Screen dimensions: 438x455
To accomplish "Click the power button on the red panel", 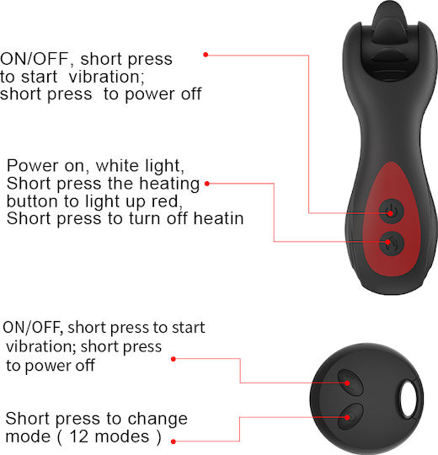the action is [x=391, y=211].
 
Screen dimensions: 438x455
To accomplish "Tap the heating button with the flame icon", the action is [x=392, y=244].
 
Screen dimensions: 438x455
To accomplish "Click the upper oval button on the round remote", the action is [x=350, y=383].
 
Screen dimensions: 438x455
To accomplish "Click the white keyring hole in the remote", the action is [x=409, y=399].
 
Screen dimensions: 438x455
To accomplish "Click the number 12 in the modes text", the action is [x=78, y=436].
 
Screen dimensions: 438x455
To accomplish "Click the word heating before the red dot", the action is [x=169, y=184].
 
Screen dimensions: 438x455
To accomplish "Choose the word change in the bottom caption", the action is [x=158, y=420].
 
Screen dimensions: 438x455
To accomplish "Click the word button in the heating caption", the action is [x=33, y=201].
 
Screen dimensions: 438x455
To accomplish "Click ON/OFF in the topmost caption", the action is [x=35, y=59].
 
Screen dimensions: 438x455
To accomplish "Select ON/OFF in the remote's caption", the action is [x=33, y=327].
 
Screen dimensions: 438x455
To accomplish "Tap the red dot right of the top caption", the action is [x=206, y=55].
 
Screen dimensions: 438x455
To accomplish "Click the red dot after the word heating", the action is [x=207, y=184].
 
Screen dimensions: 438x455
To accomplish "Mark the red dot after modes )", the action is [x=174, y=442].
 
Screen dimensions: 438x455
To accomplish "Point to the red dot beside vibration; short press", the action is [x=174, y=359].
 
